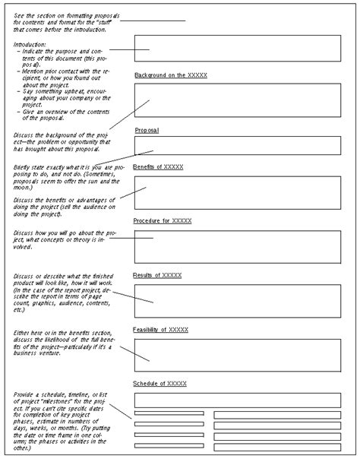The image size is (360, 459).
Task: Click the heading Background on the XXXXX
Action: click(171, 76)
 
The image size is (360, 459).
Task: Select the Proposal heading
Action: click(147, 131)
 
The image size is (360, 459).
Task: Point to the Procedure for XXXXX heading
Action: click(163, 220)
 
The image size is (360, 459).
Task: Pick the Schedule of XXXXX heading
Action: click(159, 383)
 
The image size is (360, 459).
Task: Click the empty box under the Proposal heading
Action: click(237, 146)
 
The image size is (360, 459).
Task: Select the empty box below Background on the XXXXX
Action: click(237, 100)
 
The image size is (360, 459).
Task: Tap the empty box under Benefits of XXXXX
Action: click(237, 192)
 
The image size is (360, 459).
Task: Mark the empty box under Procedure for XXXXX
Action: click(237, 245)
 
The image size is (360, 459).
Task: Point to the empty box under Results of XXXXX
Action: click(237, 300)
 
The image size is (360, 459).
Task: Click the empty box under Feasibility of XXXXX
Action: click(237, 354)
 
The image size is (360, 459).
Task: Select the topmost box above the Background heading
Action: click(237, 49)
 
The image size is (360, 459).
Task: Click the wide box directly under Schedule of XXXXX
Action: click(237, 400)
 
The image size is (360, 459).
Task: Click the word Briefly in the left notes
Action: click(24, 166)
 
